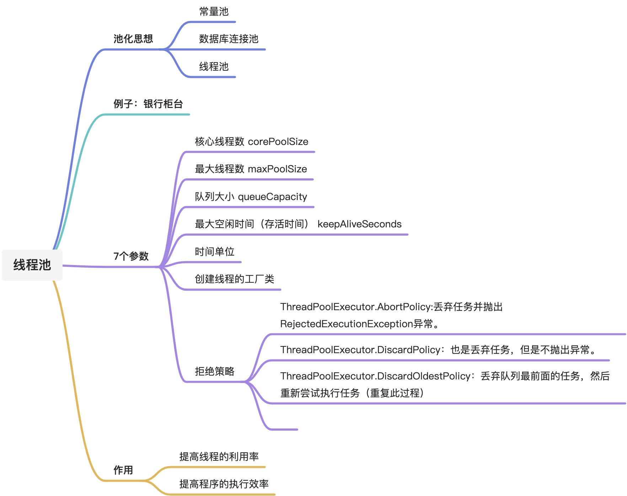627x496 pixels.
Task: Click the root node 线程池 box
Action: pos(32,265)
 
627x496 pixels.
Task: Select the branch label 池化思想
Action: pos(133,39)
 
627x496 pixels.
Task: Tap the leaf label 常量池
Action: pos(214,12)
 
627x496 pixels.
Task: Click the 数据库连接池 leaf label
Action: pos(229,39)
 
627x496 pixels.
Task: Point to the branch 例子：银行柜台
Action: pos(148,104)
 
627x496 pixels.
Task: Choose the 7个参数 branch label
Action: pos(131,256)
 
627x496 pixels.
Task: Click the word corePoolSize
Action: pos(278,142)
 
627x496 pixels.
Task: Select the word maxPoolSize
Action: pos(277,169)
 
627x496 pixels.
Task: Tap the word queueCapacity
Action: pos(273,197)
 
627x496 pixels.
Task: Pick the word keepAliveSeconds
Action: pos(359,224)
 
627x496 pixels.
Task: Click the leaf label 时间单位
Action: pos(214,252)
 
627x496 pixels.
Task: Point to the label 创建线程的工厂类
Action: pos(234,279)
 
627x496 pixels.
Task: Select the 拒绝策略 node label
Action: pos(214,371)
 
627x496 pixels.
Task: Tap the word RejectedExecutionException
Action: pos(347,324)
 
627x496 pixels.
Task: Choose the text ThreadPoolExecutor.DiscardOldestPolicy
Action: pos(375,376)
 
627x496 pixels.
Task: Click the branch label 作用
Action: pos(123,470)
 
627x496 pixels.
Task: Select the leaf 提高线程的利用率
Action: pos(219,457)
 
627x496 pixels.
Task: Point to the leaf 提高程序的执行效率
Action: pos(224,484)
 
